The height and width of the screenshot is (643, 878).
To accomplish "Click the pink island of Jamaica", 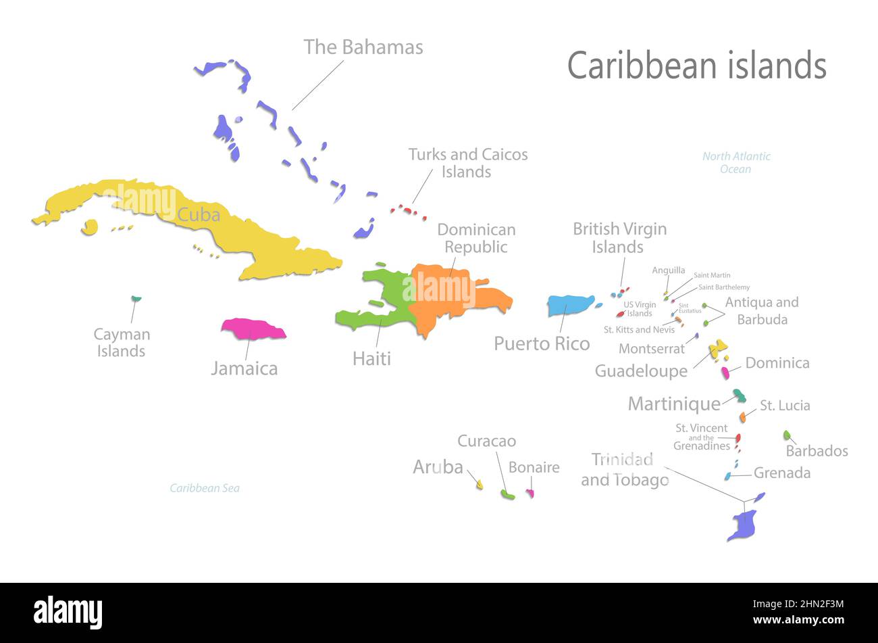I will [253, 329].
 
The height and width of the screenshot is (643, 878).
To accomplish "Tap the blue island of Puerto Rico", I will [569, 305].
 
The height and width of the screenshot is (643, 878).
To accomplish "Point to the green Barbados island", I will [787, 435].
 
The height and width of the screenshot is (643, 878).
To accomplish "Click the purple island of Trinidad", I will [744, 524].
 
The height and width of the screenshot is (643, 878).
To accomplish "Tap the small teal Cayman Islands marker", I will [136, 298].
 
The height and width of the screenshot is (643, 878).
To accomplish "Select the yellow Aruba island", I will [480, 484].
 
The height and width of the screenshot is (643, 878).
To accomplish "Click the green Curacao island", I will [507, 496].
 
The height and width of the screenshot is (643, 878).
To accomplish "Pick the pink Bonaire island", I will [531, 494].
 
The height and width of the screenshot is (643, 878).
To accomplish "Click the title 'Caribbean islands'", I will [696, 66].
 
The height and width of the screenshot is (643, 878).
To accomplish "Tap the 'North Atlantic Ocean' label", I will [735, 162].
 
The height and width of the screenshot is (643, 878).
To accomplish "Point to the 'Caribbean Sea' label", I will [204, 488].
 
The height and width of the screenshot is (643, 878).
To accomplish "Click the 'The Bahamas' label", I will [363, 47].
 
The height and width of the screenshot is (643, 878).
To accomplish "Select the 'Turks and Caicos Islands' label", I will [467, 163].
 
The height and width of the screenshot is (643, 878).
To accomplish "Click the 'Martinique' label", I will [674, 404].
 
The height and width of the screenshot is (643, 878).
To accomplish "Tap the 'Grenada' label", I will [781, 473].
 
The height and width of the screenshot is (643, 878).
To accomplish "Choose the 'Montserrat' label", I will [651, 349].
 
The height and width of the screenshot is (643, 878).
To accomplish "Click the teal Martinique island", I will [740, 395].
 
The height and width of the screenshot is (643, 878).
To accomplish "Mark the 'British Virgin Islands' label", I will [619, 238].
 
